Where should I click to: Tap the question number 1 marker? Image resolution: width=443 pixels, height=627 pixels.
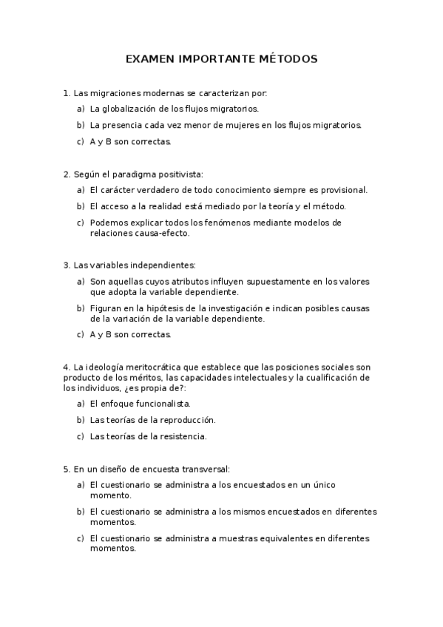click(67, 93)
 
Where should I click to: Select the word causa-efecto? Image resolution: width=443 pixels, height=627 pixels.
click(166, 233)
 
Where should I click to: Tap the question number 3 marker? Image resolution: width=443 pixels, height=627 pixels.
click(67, 265)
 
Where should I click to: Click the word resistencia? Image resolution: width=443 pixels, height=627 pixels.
click(178, 436)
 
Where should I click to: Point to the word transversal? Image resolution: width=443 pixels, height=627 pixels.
click(203, 469)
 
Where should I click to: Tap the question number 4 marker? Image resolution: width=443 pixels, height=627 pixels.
click(67, 367)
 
